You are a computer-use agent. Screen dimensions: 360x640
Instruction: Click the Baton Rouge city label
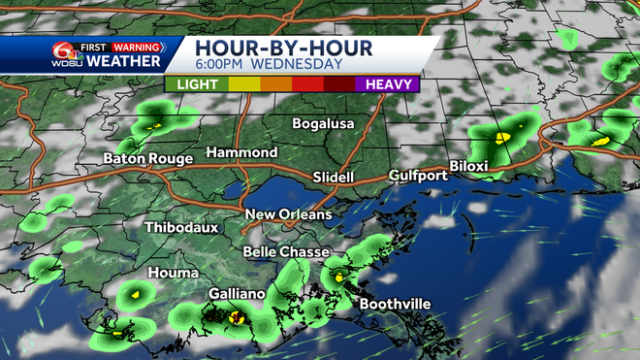point(148,158)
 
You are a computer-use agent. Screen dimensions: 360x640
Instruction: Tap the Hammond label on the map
point(241,152)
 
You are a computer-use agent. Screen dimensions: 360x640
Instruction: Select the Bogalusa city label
point(324,123)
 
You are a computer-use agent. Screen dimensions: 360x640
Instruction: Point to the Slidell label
point(334,178)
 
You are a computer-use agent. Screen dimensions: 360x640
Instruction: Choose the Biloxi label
point(467,166)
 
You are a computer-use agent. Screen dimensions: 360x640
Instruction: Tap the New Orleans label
point(288,214)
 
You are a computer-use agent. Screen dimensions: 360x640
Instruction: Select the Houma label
point(174,273)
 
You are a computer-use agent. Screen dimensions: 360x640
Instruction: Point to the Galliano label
point(237,292)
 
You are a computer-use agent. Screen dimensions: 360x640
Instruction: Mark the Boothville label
point(395,304)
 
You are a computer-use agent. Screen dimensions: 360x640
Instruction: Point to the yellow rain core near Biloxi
point(501,138)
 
